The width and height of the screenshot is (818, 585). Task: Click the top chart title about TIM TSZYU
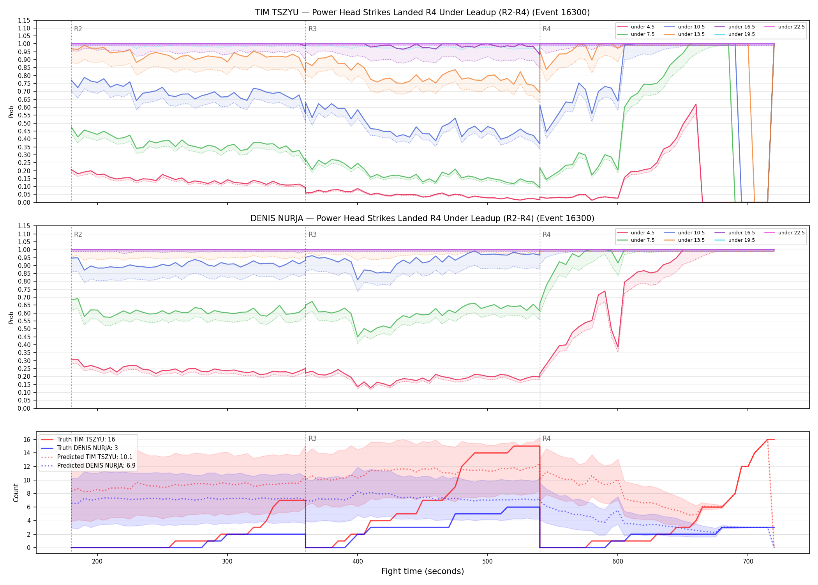point(422,12)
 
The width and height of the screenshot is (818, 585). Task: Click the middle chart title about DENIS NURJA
point(422,218)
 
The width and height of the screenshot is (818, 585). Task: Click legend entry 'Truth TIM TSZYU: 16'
point(86,440)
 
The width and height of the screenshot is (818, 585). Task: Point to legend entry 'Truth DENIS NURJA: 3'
point(88,448)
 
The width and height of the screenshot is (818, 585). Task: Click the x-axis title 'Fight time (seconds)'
point(423,571)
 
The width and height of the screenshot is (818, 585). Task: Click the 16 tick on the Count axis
point(27,440)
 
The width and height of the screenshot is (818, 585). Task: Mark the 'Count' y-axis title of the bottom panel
point(16,493)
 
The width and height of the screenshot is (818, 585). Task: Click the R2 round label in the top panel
point(78,29)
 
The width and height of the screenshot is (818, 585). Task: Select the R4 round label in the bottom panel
point(547,438)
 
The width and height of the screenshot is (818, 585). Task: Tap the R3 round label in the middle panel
point(312,234)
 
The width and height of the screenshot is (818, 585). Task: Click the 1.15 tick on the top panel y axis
point(24,20)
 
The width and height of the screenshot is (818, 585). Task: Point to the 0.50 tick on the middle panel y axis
point(24,329)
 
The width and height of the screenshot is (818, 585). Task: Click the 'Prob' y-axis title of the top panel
point(11,112)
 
